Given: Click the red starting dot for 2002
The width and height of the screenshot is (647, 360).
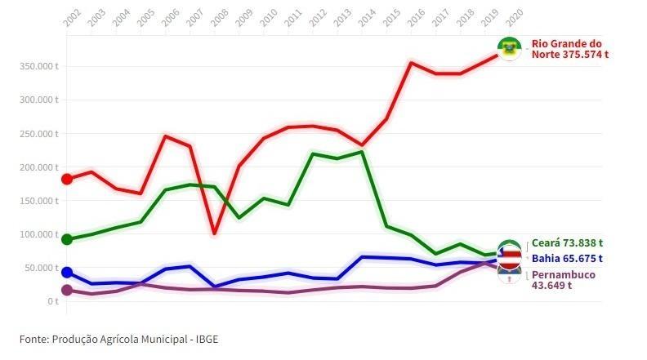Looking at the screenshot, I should (67, 179).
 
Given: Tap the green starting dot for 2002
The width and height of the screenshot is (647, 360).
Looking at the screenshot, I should (67, 239).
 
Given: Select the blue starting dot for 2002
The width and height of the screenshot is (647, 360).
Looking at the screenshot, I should (67, 273).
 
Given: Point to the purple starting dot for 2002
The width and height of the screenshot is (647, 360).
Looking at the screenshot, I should (67, 290).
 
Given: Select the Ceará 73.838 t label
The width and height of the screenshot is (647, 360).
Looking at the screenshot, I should (567, 243).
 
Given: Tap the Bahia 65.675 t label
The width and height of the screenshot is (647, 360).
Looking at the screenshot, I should (566, 259).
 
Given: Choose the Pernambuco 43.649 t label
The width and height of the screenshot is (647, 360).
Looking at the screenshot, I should (564, 279).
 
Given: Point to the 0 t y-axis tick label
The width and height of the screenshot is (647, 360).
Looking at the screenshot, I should (52, 301).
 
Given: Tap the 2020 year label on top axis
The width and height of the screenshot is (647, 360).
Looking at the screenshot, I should (514, 17).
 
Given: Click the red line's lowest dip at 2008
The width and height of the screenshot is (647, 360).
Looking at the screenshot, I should (214, 233).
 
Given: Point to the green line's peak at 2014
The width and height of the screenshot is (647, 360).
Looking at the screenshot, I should (362, 151).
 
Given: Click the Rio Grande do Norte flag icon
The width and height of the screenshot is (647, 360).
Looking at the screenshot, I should (511, 49).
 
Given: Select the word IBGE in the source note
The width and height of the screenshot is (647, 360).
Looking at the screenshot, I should (207, 339).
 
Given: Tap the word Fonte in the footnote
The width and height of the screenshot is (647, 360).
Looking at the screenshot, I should (34, 339).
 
